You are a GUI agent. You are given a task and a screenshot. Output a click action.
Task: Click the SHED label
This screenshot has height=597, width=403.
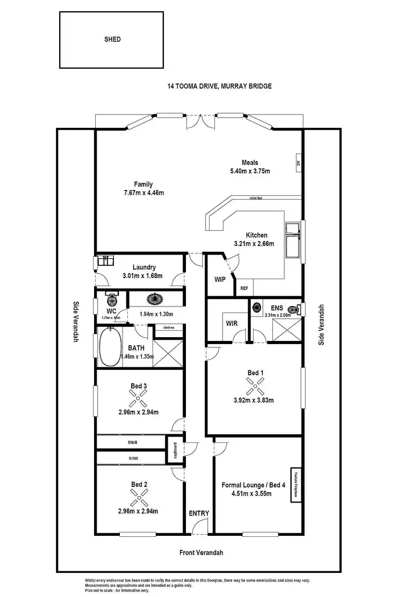113,39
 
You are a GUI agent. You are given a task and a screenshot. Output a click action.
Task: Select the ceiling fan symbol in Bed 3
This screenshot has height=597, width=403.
138,398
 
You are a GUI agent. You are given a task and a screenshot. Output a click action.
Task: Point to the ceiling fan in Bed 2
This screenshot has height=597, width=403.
138,497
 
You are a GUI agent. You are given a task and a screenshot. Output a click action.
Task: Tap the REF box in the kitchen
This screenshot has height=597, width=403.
244,288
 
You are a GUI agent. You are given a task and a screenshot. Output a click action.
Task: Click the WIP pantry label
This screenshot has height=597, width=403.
220,279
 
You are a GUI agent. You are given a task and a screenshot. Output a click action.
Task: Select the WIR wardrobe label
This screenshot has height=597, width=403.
232,324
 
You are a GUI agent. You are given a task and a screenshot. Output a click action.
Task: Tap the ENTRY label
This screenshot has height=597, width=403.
198,513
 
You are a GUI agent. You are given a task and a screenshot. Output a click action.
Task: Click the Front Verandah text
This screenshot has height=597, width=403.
201,552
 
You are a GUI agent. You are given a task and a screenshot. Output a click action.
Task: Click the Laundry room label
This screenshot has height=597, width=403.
144,267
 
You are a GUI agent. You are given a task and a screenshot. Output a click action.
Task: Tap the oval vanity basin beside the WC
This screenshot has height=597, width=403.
156,298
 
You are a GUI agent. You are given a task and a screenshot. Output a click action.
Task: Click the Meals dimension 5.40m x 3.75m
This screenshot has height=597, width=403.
246,171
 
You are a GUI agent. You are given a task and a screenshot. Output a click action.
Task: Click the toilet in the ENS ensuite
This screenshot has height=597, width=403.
291,309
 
